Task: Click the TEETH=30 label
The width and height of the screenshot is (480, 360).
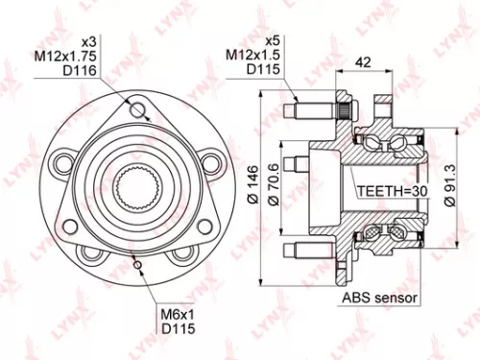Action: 392,191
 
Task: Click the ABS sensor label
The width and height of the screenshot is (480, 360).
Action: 379,299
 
